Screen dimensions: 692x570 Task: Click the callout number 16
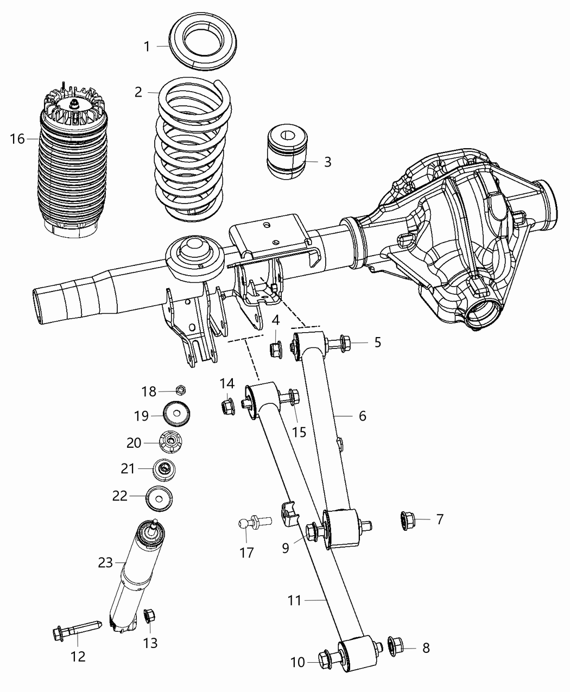click(17, 139)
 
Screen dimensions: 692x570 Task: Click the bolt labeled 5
click(337, 343)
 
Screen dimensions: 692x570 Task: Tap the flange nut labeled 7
click(408, 520)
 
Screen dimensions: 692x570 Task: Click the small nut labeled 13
click(148, 616)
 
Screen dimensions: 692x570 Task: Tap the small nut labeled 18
click(181, 390)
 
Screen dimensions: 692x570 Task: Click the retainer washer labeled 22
click(159, 498)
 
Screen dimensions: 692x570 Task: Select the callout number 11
click(295, 600)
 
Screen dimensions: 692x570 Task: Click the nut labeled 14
click(228, 405)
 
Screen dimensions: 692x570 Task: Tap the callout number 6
click(362, 416)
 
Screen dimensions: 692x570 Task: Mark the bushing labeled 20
click(172, 442)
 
